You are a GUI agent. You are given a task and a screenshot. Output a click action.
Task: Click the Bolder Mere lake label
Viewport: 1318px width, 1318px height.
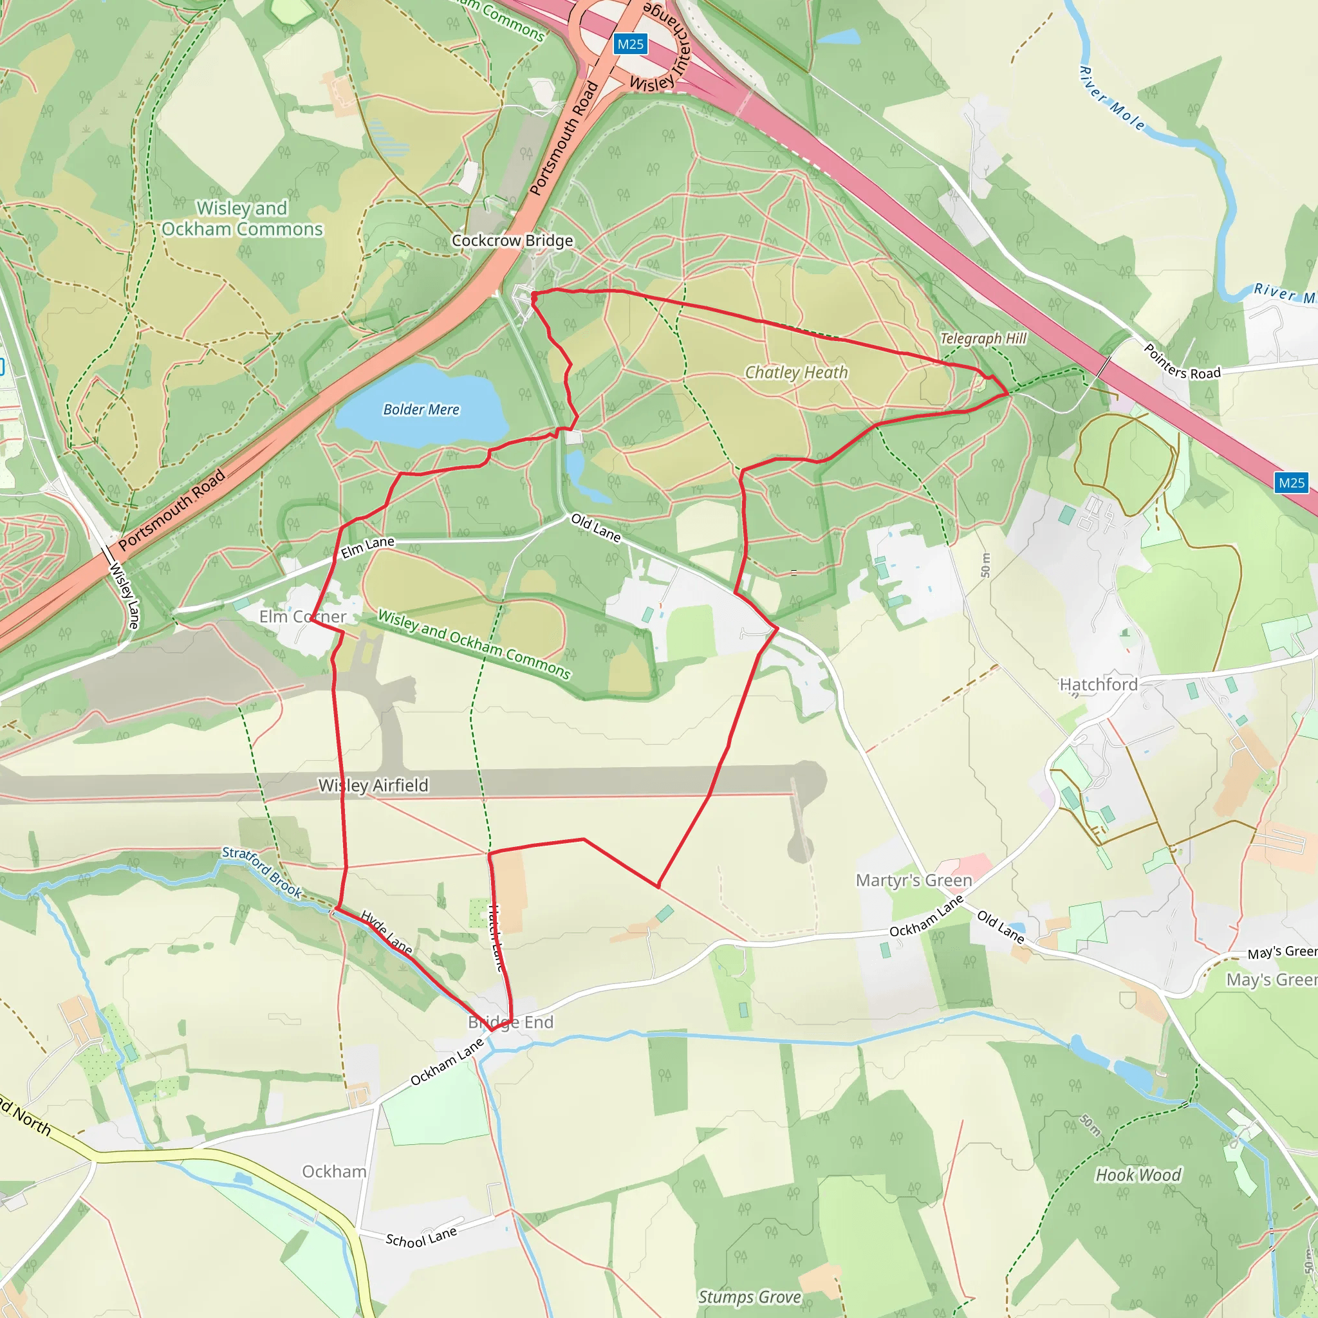pyautogui.click(x=421, y=409)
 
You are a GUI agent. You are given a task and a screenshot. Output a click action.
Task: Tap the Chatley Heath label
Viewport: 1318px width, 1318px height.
pyautogui.click(x=796, y=373)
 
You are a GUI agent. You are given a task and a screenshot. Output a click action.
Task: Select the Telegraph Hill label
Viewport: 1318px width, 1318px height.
pyautogui.click(x=983, y=339)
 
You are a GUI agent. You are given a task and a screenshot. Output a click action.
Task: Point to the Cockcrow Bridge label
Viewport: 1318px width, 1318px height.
pyautogui.click(x=512, y=241)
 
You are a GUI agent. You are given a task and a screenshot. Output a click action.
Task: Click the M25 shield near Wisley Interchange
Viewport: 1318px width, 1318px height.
pyautogui.click(x=629, y=44)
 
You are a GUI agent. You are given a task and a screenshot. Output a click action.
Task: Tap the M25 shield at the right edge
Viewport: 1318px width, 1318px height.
pyautogui.click(x=1291, y=483)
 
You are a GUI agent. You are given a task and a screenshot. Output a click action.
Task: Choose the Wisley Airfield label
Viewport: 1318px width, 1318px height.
pyautogui.click(x=373, y=786)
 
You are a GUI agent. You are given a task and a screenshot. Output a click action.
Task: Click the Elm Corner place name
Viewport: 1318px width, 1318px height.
pyautogui.click(x=302, y=617)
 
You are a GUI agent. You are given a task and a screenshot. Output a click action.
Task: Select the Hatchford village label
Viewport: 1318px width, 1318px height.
pyautogui.click(x=1099, y=685)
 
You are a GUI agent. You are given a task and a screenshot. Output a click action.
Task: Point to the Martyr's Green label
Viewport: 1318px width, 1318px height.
pyautogui.click(x=913, y=881)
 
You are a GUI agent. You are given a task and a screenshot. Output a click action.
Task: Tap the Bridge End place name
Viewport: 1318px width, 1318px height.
pyautogui.click(x=510, y=1022)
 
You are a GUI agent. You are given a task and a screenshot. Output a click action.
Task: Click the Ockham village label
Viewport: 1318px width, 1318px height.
pyautogui.click(x=334, y=1171)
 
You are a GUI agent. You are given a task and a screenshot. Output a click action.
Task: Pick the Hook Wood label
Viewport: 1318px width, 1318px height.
pyautogui.click(x=1138, y=1174)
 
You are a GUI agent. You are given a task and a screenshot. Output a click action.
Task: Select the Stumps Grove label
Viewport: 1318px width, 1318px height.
pyautogui.click(x=749, y=1297)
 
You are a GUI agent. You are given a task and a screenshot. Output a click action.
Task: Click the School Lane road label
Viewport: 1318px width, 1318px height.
pyautogui.click(x=421, y=1236)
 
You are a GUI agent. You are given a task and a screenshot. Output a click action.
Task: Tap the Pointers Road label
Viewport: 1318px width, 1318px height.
pyautogui.click(x=1182, y=362)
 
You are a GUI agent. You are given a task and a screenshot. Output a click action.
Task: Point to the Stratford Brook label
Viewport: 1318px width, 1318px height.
pyautogui.click(x=262, y=872)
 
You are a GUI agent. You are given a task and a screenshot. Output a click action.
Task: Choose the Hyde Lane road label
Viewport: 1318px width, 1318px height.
pyautogui.click(x=386, y=933)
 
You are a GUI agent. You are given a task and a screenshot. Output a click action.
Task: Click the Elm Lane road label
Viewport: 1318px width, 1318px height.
pyautogui.click(x=367, y=547)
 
